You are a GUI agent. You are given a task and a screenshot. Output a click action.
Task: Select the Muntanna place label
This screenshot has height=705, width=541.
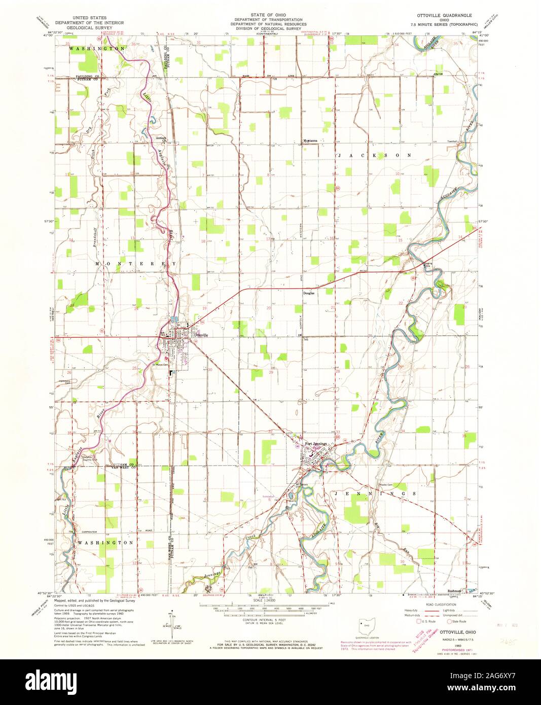[x=310, y=140]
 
